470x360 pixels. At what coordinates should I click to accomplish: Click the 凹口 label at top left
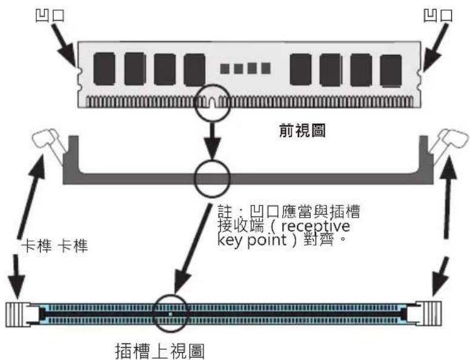click(50, 15)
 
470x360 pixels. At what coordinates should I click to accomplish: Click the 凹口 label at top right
click(438, 15)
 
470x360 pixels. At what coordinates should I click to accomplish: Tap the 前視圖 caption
click(302, 131)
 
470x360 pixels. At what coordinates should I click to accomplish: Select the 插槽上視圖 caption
click(160, 351)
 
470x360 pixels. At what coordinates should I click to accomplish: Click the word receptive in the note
click(316, 226)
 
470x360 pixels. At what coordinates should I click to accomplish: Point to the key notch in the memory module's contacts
click(212, 102)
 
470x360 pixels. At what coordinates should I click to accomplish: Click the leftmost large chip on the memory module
click(104, 69)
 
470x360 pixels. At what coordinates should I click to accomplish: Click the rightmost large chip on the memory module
click(391, 71)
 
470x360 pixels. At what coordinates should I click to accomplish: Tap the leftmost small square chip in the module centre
click(225, 68)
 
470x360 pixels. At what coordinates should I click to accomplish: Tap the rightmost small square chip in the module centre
click(266, 68)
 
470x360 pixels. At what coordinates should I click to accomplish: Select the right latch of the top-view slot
click(429, 314)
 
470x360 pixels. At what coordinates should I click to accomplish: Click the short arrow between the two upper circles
click(213, 141)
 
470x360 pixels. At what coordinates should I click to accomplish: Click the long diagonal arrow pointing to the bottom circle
click(193, 249)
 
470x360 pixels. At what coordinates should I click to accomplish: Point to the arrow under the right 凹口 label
click(435, 47)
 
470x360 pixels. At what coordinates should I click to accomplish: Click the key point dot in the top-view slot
click(170, 314)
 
